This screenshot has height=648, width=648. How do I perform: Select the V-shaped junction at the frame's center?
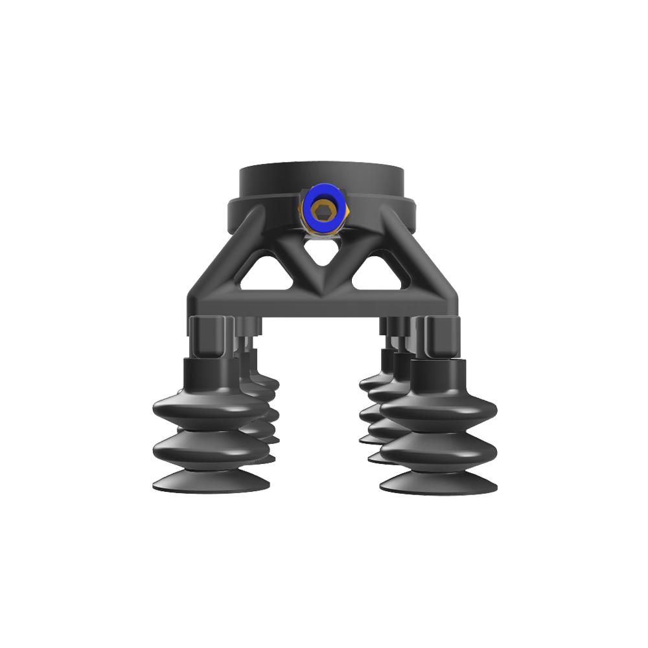point(322,282)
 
